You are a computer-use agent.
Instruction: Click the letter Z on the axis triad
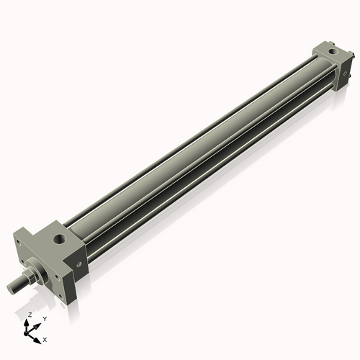coord(30,315)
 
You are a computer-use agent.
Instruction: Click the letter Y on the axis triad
coord(45,319)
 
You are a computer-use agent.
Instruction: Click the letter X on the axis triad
coord(45,340)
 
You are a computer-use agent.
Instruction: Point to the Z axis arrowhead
coord(27,323)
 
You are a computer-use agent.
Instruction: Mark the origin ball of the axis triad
coord(26,334)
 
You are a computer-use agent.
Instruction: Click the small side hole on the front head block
coord(78,264)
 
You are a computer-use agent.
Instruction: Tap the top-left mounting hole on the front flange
coord(18,241)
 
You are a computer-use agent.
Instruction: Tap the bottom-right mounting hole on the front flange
coord(60,296)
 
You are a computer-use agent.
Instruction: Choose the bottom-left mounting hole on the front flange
coord(22,261)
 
